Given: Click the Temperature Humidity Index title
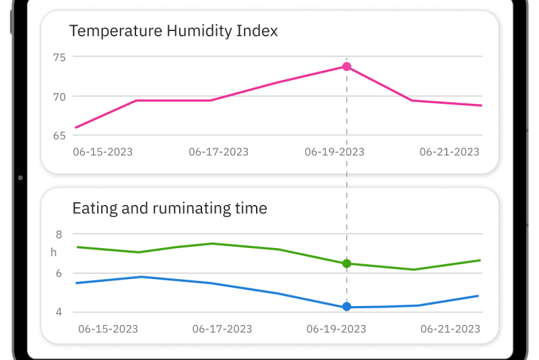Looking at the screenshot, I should [173, 31].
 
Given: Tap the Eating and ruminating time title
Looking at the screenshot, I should [170, 208].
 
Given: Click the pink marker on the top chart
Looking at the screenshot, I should [346, 67].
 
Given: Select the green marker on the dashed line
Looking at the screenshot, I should [346, 264].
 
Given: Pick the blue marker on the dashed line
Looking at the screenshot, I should [346, 307].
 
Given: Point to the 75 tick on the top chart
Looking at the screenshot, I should [59, 57].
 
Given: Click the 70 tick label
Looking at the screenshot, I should [59, 96].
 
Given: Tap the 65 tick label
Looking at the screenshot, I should [59, 136].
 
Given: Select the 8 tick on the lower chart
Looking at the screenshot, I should [59, 235].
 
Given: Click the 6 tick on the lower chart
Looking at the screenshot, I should [59, 273].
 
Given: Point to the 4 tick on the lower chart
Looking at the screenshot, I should [59, 312].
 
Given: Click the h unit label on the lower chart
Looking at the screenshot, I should [54, 253].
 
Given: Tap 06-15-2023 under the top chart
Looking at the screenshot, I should [102, 152].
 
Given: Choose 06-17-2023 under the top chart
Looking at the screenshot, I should [218, 152].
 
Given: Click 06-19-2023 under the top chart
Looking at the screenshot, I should [334, 152].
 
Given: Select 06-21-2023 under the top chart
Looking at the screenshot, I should [449, 152].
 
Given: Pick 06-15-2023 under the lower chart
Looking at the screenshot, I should [108, 329].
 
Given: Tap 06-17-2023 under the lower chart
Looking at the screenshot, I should [222, 329].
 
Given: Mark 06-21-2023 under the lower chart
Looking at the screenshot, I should [450, 329].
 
